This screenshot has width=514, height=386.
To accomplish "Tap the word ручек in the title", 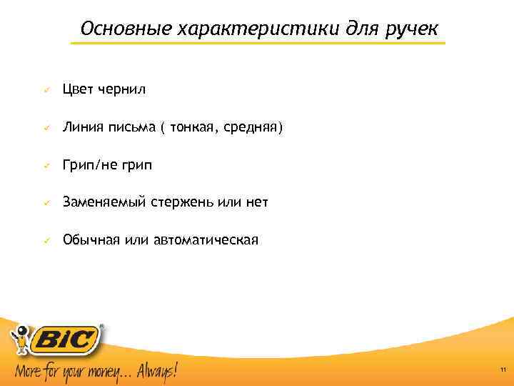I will point(417,28).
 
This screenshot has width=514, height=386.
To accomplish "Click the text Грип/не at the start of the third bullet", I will point(91,165).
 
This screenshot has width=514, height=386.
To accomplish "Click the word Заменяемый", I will point(104,203).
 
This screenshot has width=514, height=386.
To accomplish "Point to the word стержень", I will point(178,203).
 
